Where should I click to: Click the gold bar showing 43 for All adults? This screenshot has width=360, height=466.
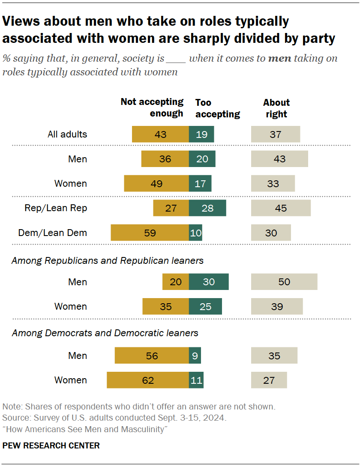coord(160,134)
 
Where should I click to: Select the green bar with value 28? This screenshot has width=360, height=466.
coord(207,208)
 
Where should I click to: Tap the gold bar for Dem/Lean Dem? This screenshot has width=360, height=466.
coord(150,233)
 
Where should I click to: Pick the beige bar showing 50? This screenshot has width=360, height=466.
coord(284,282)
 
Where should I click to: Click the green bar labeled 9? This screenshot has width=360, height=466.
coord(195,355)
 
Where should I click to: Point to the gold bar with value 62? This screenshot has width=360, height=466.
coord(147,380)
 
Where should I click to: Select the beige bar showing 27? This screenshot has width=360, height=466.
coord(269,380)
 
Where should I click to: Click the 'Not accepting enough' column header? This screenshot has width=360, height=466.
coord(152,108)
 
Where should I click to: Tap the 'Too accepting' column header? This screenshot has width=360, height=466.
coord(217,108)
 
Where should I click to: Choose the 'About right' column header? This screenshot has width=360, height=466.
coord(276,108)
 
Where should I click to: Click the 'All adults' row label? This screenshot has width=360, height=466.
coord(67,134)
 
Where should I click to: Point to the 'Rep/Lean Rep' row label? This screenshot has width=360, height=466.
coord(56,208)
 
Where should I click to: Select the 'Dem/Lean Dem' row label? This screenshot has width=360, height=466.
coord(52,233)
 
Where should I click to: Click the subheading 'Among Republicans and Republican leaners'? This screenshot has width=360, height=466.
coord(108,260)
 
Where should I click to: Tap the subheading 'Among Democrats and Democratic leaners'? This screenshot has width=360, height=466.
coord(105,333)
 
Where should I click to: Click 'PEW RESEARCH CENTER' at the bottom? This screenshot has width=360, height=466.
coord(51,446)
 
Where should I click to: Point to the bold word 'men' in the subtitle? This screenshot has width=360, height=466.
coord(279,59)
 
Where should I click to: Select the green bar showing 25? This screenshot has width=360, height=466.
coord(205,306)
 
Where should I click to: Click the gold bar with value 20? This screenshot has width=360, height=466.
coord(176,282)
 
